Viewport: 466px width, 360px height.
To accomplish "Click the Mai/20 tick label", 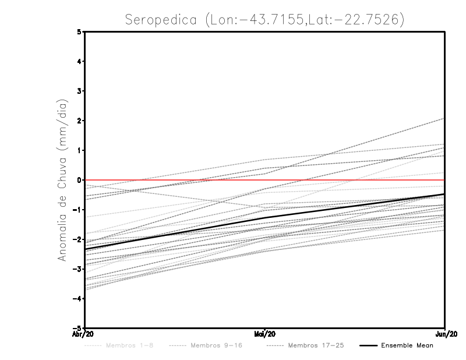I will pos(265,334).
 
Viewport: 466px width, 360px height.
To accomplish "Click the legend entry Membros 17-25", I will pos(316,345).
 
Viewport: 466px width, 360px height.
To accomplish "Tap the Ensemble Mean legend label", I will pos(407,345).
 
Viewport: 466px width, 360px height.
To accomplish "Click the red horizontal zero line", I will pos(175,180).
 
